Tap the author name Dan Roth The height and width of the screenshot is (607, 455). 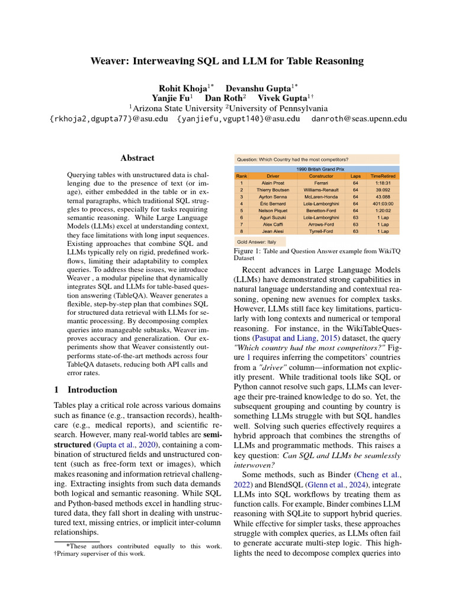tap(222, 98)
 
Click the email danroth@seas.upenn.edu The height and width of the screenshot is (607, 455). tap(359, 119)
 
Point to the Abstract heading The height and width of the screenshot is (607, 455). tap(137, 158)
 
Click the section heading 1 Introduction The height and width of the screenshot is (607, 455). tap(86, 390)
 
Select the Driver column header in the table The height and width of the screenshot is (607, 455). tap(273, 176)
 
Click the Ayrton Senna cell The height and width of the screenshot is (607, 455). tap(273, 197)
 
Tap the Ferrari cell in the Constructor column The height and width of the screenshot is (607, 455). tap(321, 183)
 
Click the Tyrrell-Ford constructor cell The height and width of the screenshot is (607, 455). tap(321, 231)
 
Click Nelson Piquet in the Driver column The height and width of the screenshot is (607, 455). tap(273, 210)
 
